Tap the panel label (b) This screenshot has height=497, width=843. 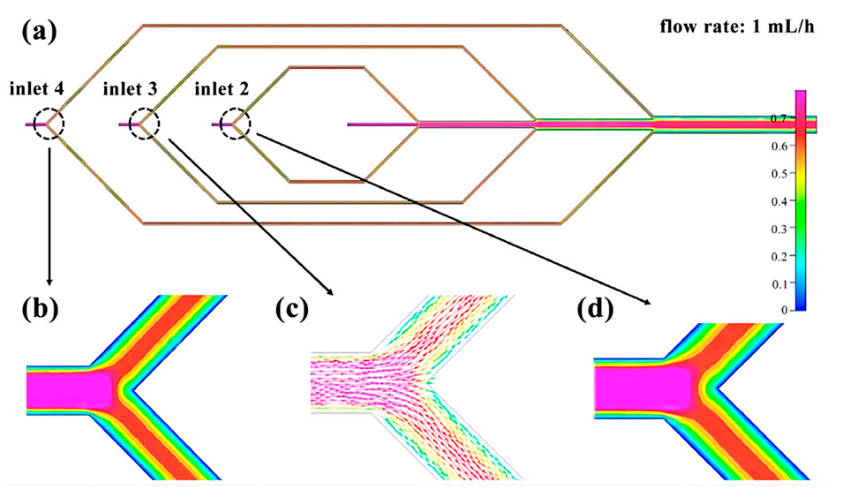coord(41,308)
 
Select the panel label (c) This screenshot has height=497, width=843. coord(291,308)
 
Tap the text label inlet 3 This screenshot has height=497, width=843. coord(130,88)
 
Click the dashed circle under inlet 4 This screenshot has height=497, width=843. coord(49,124)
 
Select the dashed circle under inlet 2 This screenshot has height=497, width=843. coord(236,124)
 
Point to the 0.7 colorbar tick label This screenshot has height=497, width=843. coord(779,117)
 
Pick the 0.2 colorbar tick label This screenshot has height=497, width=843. coord(779,256)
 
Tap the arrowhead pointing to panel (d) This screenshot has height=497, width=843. coord(651,302)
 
